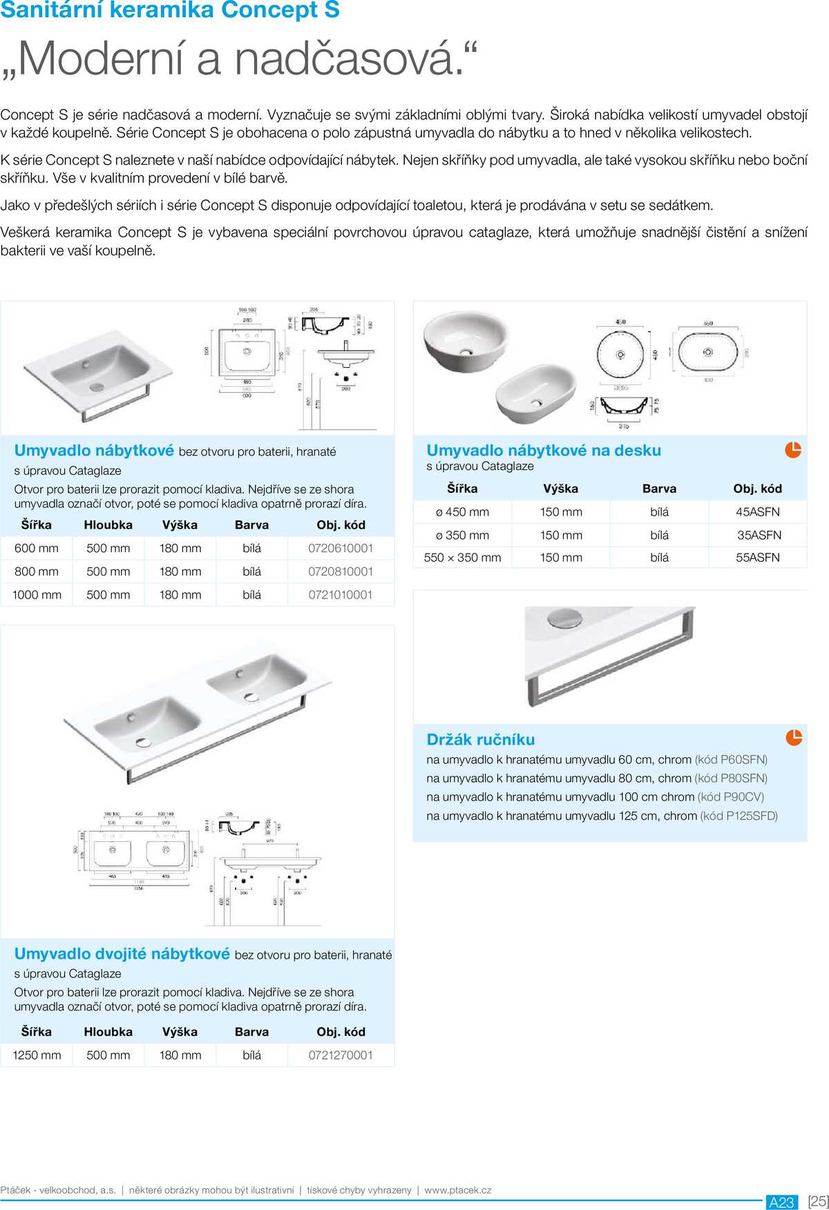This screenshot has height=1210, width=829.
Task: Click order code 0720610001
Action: [341, 548]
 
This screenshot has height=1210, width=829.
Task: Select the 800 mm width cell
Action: [37, 572]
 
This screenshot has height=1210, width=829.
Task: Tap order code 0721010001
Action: [341, 594]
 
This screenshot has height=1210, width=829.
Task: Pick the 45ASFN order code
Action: [757, 512]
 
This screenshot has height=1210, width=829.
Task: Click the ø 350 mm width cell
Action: [462, 535]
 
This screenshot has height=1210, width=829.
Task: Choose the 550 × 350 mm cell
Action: [463, 558]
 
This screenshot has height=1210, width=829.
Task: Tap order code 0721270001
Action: [341, 1055]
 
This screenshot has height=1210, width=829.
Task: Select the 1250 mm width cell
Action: [37, 1055]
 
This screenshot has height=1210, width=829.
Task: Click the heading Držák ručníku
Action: [481, 740]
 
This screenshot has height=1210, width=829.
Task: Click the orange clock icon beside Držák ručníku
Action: [794, 738]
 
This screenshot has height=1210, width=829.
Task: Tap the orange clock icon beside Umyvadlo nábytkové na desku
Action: [793, 450]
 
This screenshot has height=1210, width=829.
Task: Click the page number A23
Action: [781, 1202]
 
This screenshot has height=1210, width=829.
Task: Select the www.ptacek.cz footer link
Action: [457, 1190]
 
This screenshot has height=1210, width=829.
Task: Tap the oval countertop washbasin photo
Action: [536, 393]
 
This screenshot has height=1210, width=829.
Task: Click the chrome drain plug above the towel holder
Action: [564, 618]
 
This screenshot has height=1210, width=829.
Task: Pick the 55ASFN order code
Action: [757, 558]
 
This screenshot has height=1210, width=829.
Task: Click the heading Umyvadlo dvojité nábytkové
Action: [122, 954]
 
